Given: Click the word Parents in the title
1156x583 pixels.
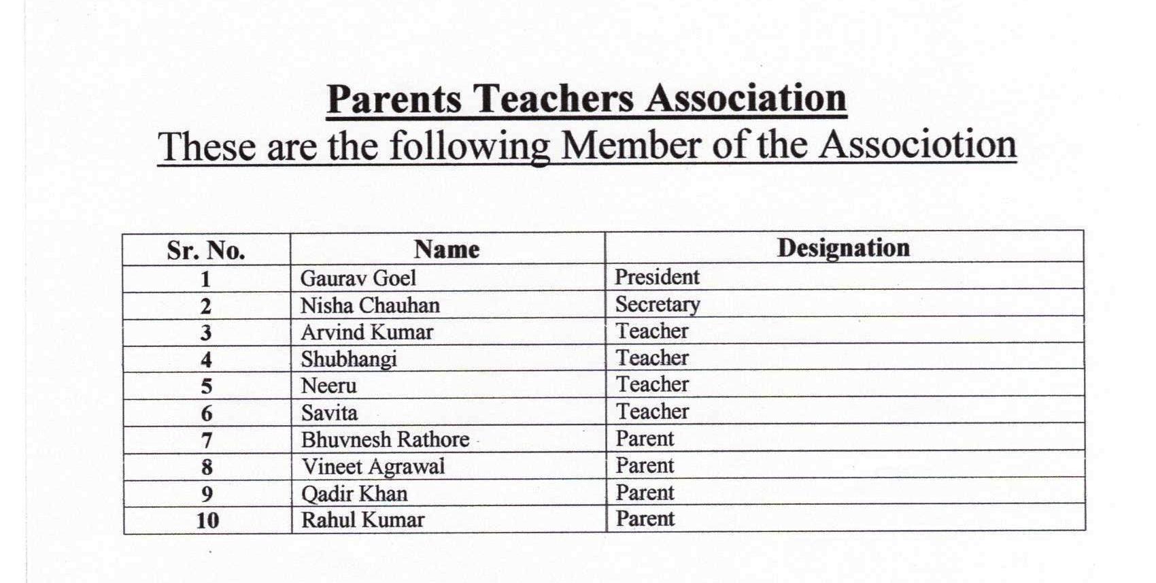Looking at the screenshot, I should [394, 99].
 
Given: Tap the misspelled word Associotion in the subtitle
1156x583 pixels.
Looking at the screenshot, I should [917, 145].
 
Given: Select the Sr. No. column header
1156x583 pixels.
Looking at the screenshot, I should [205, 250].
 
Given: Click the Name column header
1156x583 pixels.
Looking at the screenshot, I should [447, 249].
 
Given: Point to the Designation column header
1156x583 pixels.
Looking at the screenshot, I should [843, 248].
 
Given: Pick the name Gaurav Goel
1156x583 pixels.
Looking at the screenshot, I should [358, 278].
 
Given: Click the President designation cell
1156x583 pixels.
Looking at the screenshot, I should [657, 277].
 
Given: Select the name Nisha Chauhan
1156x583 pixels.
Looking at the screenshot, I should [370, 305].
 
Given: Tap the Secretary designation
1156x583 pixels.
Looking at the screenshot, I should [658, 304].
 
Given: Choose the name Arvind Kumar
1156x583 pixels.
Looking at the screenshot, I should [367, 332].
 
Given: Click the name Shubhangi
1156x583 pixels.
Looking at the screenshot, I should [348, 359].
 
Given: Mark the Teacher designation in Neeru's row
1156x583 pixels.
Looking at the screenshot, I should [652, 384].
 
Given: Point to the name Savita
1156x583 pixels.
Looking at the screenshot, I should [328, 412].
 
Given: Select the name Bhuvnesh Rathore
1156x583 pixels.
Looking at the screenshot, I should [385, 439].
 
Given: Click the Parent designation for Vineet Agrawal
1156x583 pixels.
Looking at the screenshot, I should [645, 466].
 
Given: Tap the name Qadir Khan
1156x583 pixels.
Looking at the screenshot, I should [354, 493].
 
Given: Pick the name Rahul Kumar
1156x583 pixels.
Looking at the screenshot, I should [362, 520].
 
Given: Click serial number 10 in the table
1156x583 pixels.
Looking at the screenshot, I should [207, 520].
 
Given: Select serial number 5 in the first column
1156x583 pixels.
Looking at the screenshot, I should [207, 386].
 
